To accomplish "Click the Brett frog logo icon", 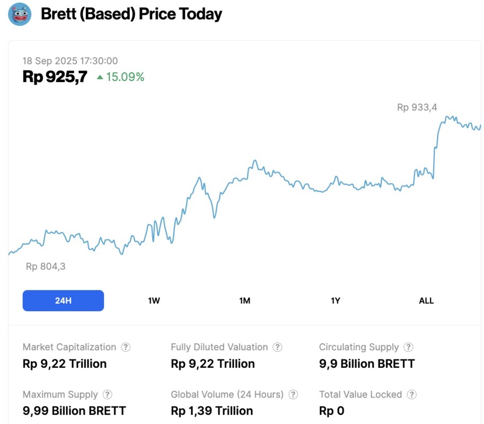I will pyautogui.click(x=20, y=14).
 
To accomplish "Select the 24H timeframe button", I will pyautogui.click(x=63, y=301).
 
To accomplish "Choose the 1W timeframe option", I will pyautogui.click(x=154, y=301).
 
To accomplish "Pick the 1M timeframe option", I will pyautogui.click(x=244, y=301).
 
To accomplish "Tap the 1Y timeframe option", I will pyautogui.click(x=336, y=301).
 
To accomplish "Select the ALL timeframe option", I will pyautogui.click(x=426, y=301).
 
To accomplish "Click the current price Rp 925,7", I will pyautogui.click(x=55, y=77).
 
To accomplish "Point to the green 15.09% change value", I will pyautogui.click(x=125, y=77).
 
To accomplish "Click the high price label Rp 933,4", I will pyautogui.click(x=417, y=107).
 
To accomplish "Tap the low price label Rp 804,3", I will pyautogui.click(x=46, y=267).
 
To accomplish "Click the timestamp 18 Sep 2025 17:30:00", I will pyautogui.click(x=70, y=61).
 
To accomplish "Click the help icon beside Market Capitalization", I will pyautogui.click(x=126, y=347).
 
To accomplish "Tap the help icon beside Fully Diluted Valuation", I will pyautogui.click(x=277, y=347).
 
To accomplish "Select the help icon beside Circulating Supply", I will pyautogui.click(x=408, y=347).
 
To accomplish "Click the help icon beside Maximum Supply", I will pyautogui.click(x=107, y=394).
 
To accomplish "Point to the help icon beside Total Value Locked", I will pyautogui.click(x=411, y=394).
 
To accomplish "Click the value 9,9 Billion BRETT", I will pyautogui.click(x=367, y=364).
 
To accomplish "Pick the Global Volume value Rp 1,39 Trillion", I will pyautogui.click(x=212, y=411).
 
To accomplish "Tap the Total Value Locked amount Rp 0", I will pyautogui.click(x=331, y=411).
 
